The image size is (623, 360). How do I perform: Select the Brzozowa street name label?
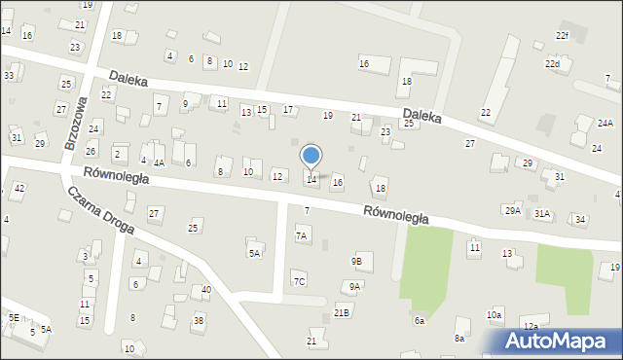point(76,122)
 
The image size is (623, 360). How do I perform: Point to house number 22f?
point(562,36)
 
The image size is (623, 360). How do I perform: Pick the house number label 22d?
point(552,64)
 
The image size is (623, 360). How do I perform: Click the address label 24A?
point(605,124)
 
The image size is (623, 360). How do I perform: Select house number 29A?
point(512,210)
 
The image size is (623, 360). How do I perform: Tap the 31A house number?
point(541,213)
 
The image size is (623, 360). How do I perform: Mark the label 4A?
point(159,162)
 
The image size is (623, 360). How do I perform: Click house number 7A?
point(302,235)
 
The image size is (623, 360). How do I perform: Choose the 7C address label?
point(299,282)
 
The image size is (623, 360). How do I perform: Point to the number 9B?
point(356,261)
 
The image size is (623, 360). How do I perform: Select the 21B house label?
point(342,312)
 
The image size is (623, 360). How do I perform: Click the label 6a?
point(420,320)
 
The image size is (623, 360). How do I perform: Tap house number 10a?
point(495,315)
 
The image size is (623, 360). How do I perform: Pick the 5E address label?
point(14,317)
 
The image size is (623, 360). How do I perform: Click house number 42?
point(19,188)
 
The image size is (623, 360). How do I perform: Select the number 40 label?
point(206,290)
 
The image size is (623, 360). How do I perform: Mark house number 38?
point(199,320)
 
